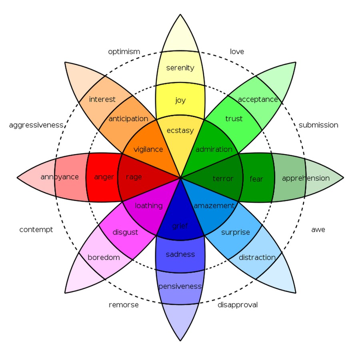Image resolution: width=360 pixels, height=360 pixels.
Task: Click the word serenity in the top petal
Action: (180, 68)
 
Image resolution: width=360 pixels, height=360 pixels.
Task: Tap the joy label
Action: (180, 100)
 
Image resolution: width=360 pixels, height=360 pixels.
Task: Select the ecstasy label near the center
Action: (180, 130)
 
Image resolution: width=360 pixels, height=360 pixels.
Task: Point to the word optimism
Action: (124, 52)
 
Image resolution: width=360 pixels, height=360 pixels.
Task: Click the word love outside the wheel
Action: (237, 52)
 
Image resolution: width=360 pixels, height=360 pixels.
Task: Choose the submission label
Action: (318, 125)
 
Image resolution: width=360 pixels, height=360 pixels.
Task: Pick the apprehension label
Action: (306, 178)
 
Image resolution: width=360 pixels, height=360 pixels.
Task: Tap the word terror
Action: (222, 178)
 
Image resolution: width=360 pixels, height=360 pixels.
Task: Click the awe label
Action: (318, 230)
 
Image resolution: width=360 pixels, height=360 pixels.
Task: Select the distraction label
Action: (257, 258)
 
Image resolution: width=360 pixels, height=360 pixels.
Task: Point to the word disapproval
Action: (238, 305)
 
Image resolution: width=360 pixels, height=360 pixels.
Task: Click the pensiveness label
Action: (180, 286)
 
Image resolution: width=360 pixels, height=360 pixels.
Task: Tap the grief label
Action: (180, 226)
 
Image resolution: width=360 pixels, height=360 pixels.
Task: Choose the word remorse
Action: (124, 305)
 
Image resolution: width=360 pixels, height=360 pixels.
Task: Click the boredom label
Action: (104, 258)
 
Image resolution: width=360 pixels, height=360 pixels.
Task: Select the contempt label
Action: (36, 230)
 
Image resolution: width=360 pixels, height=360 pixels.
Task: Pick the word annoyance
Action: (60, 177)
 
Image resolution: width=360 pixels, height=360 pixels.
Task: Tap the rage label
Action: (134, 177)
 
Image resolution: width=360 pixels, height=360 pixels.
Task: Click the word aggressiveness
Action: (36, 125)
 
